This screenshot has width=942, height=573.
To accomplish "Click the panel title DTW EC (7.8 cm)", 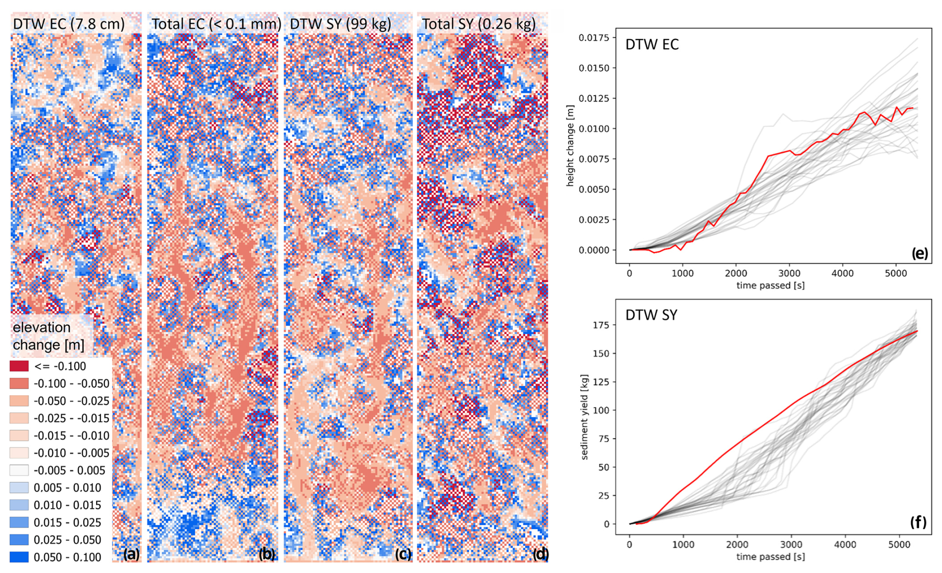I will click(x=69, y=24).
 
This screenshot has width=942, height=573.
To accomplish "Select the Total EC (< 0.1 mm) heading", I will click(x=216, y=24).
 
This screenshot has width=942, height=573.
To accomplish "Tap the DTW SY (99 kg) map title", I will click(x=341, y=24).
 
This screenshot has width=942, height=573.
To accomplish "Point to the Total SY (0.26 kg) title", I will click(x=478, y=24).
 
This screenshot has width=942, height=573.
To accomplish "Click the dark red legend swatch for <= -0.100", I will click(x=19, y=366).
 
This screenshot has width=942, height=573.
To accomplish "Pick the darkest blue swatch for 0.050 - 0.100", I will click(x=19, y=557).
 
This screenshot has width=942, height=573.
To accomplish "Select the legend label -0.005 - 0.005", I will click(x=69, y=470).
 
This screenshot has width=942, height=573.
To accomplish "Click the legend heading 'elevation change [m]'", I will click(x=48, y=336).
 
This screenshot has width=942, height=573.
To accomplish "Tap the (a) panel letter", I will click(x=131, y=554).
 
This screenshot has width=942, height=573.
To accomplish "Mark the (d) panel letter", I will click(x=540, y=554).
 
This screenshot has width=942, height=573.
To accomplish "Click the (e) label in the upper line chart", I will click(x=920, y=253).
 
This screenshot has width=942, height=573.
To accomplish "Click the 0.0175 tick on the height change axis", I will click(x=594, y=38).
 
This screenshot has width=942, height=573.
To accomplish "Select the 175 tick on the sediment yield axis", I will click(x=601, y=325).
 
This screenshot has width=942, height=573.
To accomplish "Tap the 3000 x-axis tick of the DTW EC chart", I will click(x=789, y=273).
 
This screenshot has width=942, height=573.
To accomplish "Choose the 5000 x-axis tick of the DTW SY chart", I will click(x=899, y=545).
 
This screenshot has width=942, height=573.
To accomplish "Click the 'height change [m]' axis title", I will click(x=570, y=145).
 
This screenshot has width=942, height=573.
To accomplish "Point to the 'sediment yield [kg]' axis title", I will click(x=584, y=417).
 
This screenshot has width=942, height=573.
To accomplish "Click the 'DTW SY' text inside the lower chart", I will click(x=651, y=315).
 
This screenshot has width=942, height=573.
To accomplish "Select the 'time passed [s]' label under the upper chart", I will click(x=770, y=285).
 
